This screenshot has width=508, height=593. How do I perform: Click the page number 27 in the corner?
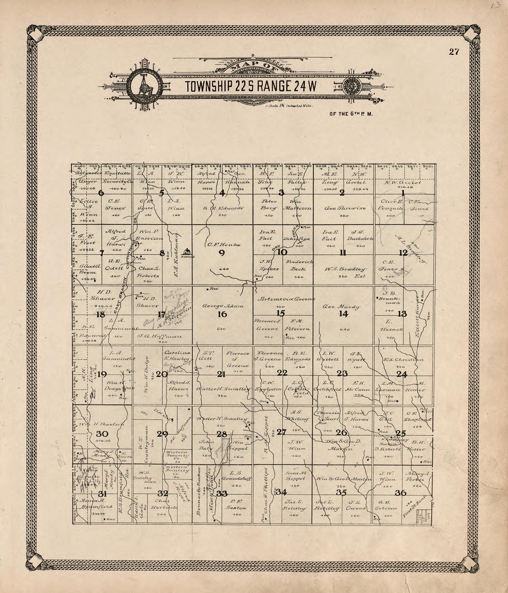[x=454, y=52]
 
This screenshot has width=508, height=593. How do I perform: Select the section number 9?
[x=222, y=253]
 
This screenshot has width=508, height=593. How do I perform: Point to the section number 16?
[x=222, y=314]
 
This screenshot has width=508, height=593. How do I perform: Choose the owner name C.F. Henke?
[x=224, y=245]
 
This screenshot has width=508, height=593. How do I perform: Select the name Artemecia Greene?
[x=286, y=299]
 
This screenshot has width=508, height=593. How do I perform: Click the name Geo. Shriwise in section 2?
[x=345, y=208]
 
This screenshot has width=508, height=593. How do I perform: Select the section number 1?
[x=403, y=193]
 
